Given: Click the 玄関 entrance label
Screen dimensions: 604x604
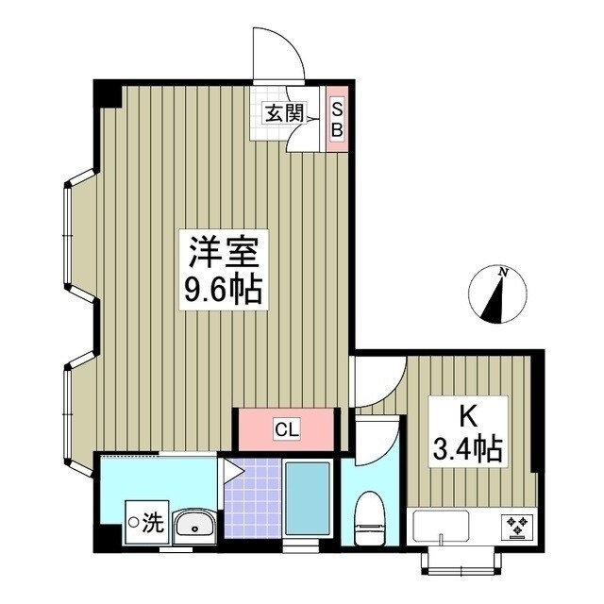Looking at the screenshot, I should pyautogui.click(x=283, y=115).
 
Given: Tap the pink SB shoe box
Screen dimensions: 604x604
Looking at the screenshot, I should pyautogui.click(x=335, y=118).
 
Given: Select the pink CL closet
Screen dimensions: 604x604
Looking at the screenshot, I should pyautogui.click(x=286, y=430).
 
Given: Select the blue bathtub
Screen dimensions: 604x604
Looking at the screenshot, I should pyautogui.click(x=307, y=499).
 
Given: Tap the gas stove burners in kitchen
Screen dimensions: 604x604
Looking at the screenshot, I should pyautogui.click(x=516, y=524).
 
